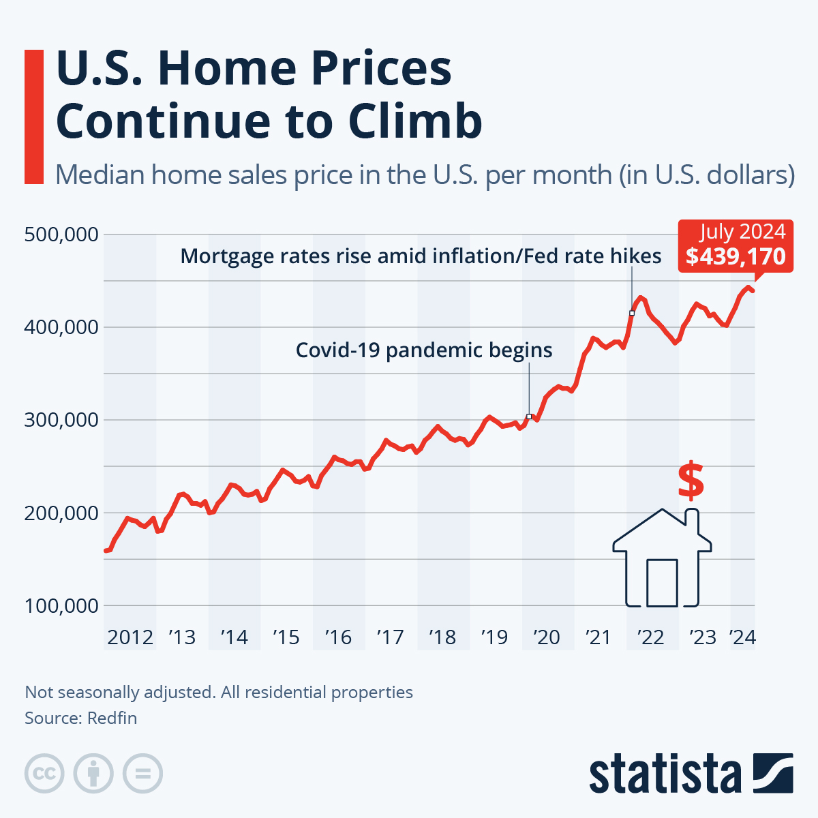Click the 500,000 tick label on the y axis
[61, 234]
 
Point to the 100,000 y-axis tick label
[61, 605]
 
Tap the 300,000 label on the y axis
[61, 420]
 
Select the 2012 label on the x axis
[130, 637]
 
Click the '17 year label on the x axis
[390, 637]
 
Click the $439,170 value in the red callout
[736, 256]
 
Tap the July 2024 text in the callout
[742, 232]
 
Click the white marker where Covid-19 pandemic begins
[529, 416]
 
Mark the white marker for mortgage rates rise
[632, 313]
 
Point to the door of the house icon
[662, 583]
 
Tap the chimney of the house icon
[692, 521]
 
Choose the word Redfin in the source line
[112, 718]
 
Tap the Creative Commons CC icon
[44, 774]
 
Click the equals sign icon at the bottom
[142, 774]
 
